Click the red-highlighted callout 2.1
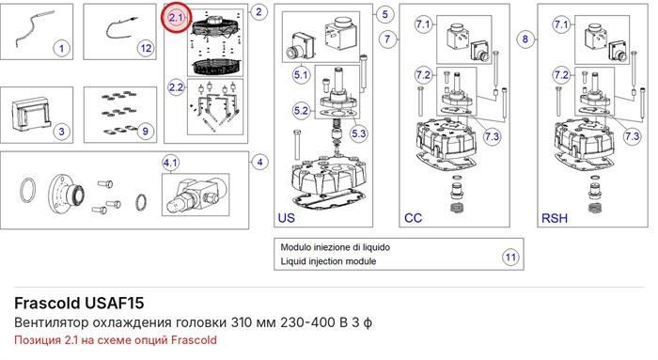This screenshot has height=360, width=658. [177, 18]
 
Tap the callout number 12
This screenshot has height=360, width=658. [146, 48]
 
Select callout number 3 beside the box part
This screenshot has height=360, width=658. [62, 132]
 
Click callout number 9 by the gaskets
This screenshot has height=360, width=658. [145, 131]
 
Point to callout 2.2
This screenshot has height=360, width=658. [177, 87]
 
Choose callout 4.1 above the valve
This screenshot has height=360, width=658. [170, 163]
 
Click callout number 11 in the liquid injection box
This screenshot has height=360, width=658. [510, 257]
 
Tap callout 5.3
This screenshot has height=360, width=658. [359, 133]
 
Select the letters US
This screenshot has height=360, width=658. [286, 218]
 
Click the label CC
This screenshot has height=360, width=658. [413, 218]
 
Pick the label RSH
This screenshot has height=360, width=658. [555, 218]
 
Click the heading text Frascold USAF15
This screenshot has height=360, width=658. [79, 303]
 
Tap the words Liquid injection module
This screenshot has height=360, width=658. [328, 261]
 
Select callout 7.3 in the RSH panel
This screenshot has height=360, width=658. [632, 136]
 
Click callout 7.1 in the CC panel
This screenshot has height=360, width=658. [423, 24]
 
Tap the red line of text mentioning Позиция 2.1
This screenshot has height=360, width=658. [116, 340]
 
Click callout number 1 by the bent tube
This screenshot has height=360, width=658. [62, 48]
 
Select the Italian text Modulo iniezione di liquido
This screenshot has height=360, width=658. [336, 247]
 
